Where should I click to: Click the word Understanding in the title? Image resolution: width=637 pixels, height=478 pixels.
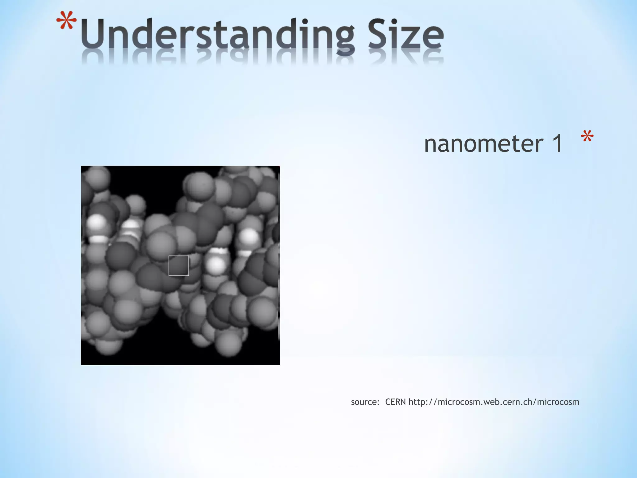[218, 35]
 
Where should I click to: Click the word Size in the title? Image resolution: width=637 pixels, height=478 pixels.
[406, 35]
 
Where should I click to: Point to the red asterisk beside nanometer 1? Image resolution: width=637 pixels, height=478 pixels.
[587, 137]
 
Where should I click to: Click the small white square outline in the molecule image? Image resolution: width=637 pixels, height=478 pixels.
[179, 266]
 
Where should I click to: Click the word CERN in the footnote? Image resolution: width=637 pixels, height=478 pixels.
[395, 402]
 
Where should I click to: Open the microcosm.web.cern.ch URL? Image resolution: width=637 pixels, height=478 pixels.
[494, 402]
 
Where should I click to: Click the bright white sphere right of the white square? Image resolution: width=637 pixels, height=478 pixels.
[216, 265]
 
